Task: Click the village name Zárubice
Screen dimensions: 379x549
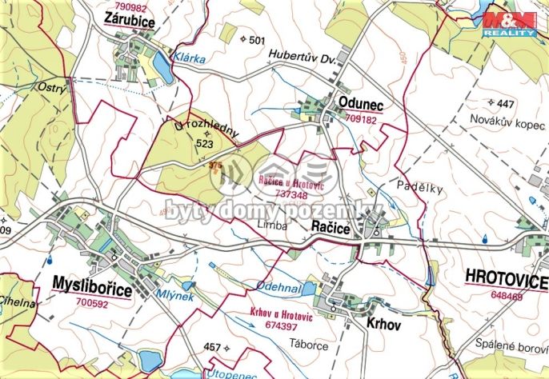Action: click(x=129, y=22)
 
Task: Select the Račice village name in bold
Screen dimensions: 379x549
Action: click(x=331, y=229)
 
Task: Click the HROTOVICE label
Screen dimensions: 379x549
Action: click(x=506, y=281)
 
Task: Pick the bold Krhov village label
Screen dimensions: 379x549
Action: click(x=383, y=326)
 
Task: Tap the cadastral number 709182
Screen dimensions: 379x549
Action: click(x=360, y=118)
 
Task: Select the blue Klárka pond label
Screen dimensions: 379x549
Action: click(x=191, y=58)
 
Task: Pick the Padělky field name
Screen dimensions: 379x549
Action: click(x=415, y=186)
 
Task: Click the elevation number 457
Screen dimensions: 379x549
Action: click(x=211, y=347)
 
